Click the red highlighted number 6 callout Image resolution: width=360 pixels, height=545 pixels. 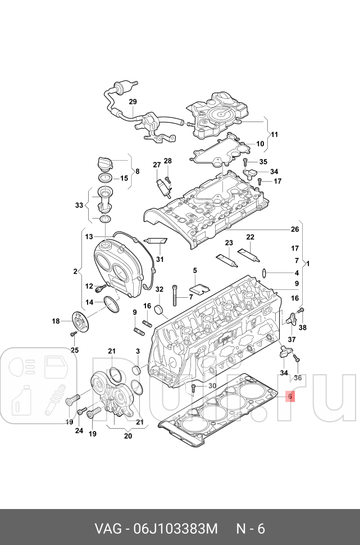click(290, 396)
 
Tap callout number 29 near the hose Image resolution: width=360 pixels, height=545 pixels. click(133, 102)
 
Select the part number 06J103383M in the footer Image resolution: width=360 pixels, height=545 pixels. click(175, 529)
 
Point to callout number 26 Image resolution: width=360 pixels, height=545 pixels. click(295, 229)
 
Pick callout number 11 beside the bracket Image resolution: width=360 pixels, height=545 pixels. click(275, 135)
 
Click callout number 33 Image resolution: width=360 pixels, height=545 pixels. click(79, 206)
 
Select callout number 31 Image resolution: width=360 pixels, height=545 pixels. click(160, 259)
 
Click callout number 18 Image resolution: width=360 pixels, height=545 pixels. click(56, 321)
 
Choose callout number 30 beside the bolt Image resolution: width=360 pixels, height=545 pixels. click(212, 385)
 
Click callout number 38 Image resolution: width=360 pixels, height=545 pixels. click(302, 328)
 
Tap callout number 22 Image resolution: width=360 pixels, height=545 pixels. click(250, 237)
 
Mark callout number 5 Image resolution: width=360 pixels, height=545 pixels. click(194, 271)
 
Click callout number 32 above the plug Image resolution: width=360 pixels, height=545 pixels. click(159, 289)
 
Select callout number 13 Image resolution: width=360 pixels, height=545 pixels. click(89, 237)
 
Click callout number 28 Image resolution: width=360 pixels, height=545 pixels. click(167, 161)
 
